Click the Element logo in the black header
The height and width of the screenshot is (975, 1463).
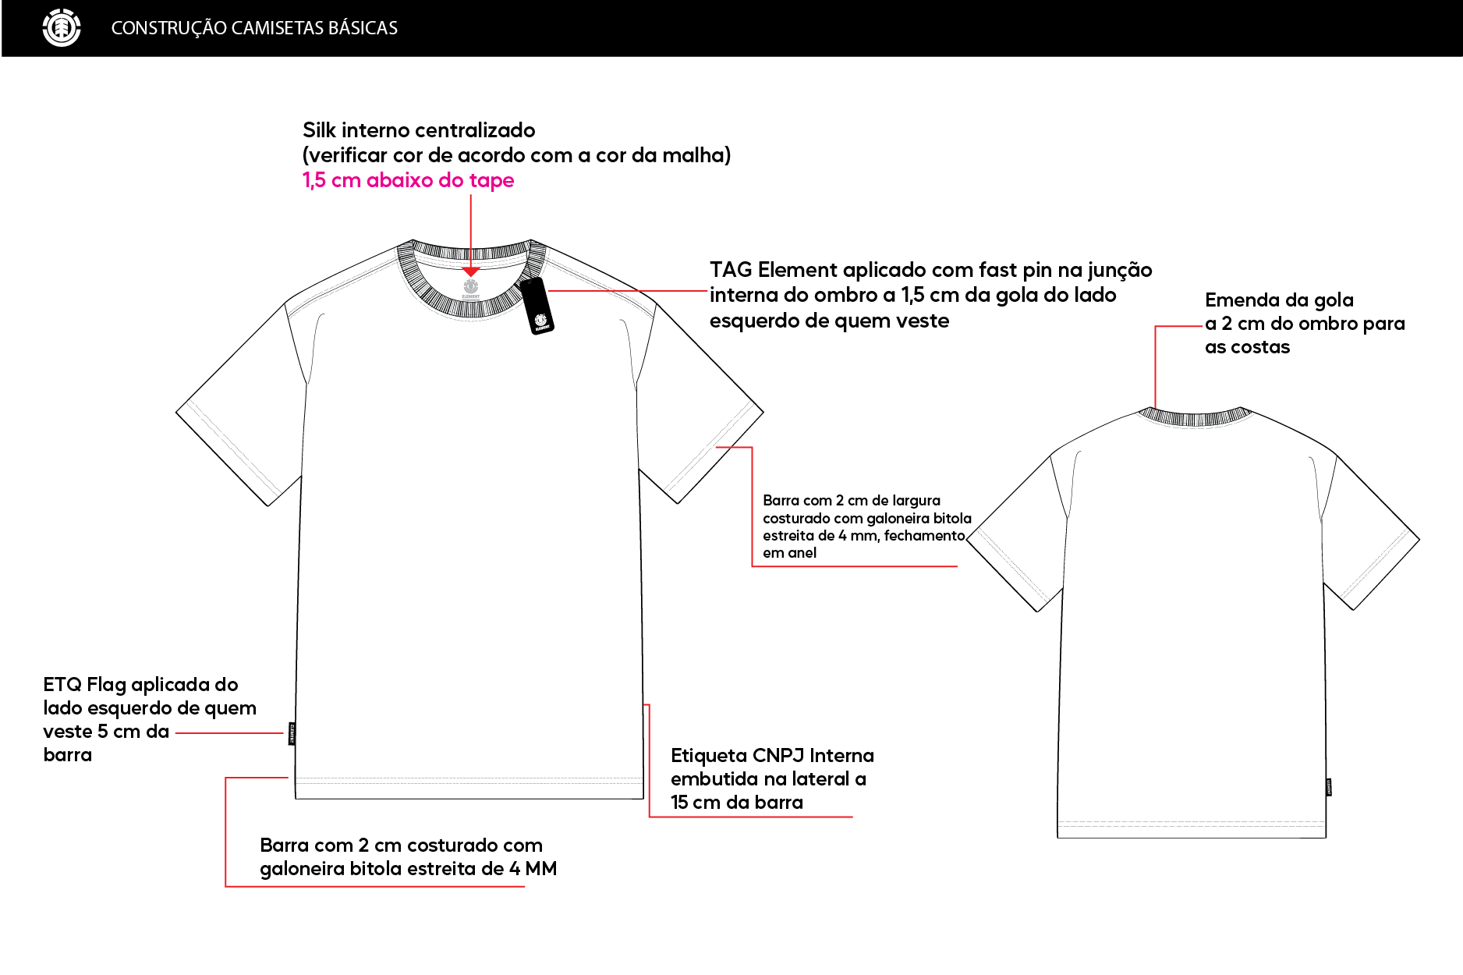pyautogui.click(x=62, y=28)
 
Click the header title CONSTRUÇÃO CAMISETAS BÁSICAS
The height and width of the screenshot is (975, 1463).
pyautogui.click(x=254, y=28)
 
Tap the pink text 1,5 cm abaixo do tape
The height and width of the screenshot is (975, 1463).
pyautogui.click(x=408, y=180)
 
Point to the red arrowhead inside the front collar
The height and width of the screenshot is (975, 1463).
pyautogui.click(x=471, y=271)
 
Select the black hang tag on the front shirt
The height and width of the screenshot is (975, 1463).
pyautogui.click(x=537, y=306)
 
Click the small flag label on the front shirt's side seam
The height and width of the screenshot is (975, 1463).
pyautogui.click(x=292, y=734)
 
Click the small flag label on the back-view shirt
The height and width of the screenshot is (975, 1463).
pyautogui.click(x=1328, y=787)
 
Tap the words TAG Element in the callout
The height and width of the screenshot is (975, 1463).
pyautogui.click(x=770, y=270)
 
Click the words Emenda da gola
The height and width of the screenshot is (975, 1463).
pyautogui.click(x=1279, y=300)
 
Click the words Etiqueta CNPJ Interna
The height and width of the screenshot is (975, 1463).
pyautogui.click(x=772, y=756)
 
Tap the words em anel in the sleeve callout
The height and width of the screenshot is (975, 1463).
pyautogui.click(x=789, y=553)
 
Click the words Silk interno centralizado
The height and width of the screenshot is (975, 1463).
pyautogui.click(x=419, y=130)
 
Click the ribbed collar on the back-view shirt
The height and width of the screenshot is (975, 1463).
pyautogui.click(x=1194, y=417)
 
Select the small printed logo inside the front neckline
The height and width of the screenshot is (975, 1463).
pyautogui.click(x=471, y=289)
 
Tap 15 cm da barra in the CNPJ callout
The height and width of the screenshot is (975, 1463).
pyautogui.click(x=737, y=803)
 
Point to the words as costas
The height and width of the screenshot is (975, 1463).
pyautogui.click(x=1247, y=347)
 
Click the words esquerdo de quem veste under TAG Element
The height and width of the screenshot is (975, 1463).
pyautogui.click(x=829, y=321)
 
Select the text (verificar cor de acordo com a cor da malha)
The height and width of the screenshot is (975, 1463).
pyautogui.click(x=517, y=155)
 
